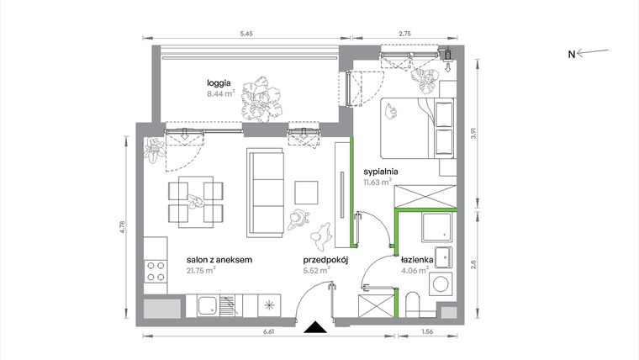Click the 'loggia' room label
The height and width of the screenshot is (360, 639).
(x=219, y=82)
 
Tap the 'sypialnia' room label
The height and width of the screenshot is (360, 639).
(x=380, y=171)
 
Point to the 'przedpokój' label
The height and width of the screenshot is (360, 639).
(x=326, y=261)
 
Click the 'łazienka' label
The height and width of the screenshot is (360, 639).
(x=417, y=261)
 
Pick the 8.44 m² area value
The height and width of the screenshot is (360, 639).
(x=221, y=95)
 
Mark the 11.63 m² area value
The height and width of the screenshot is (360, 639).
(x=378, y=182)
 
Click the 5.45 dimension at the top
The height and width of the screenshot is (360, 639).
(x=246, y=34)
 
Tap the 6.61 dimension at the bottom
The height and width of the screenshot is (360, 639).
(x=221, y=333)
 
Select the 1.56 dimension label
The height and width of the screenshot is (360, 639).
(x=427, y=333)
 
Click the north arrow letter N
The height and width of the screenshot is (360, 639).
(x=571, y=55)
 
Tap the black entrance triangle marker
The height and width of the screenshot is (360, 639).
(x=315, y=328)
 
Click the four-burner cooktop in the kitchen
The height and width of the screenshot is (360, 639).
(x=156, y=271)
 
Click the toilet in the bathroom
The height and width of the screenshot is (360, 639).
(x=412, y=304)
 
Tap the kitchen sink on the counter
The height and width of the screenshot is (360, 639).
(x=207, y=305)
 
